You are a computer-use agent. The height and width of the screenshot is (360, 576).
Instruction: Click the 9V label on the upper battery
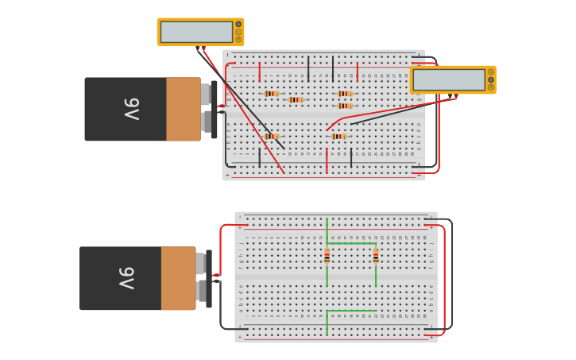131,110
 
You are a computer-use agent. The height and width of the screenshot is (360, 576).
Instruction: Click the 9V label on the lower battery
126,278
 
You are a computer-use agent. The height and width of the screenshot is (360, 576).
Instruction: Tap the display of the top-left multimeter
196,32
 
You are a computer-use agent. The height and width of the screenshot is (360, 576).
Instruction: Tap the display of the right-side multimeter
449,79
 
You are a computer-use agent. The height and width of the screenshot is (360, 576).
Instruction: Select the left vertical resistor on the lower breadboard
327,255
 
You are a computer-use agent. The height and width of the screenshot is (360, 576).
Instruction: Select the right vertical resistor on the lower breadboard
376,255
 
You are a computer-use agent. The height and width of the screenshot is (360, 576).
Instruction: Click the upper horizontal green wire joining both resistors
351,244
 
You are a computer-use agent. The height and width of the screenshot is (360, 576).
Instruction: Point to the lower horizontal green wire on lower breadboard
351,310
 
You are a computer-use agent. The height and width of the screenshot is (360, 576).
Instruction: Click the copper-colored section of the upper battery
183,110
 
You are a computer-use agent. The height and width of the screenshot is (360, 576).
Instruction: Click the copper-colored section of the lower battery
178,278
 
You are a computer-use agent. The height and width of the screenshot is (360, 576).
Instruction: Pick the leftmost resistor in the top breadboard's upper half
272,94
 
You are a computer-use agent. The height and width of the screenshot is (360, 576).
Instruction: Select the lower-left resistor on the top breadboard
272,137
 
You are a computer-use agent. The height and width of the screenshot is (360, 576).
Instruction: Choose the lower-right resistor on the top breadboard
338,137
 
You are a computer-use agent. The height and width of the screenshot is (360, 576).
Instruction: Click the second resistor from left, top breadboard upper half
296,99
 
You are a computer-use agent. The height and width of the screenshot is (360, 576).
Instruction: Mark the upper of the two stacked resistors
344,94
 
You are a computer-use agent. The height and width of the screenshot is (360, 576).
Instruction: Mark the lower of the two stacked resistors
344,106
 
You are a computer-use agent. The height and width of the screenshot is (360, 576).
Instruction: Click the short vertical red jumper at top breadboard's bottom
327,161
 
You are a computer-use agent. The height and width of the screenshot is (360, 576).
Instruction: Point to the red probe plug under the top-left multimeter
203,48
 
